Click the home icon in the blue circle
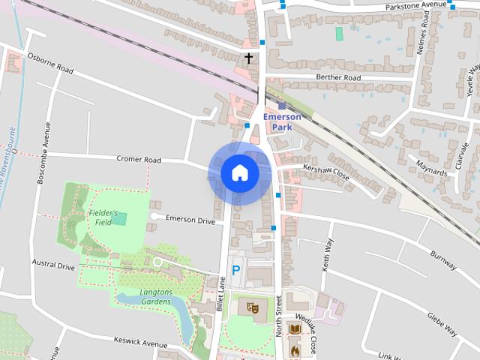coord(239,173)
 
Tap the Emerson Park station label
coord(281,122)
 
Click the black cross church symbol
coord(248,58)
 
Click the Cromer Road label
coord(139,160)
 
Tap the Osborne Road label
coord(50,63)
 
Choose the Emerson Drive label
coord(190,220)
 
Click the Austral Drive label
coord(53,265)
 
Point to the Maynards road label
coord(431,167)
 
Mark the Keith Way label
coord(326,255)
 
